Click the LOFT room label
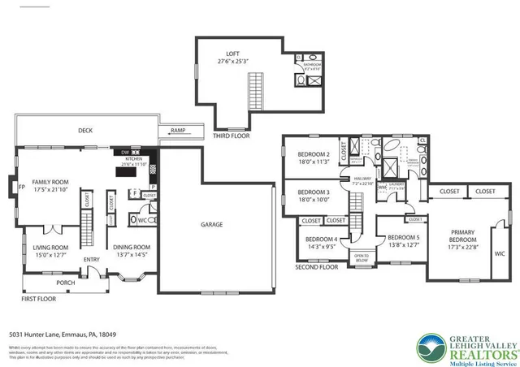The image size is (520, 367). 233,55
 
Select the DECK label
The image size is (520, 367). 84,131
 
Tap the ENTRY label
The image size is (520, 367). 91,260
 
